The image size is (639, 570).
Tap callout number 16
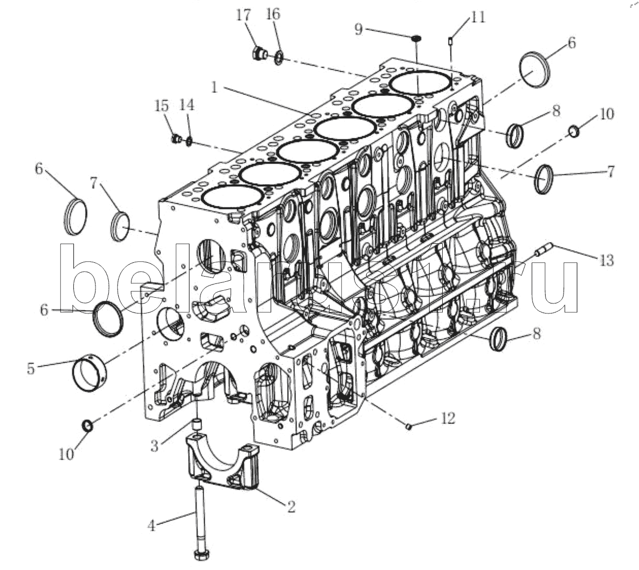coord(273,15)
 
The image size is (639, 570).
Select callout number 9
coord(358,30)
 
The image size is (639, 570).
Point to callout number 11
coord(478,17)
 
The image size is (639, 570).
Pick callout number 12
coord(448,419)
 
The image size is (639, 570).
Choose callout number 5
coord(31,368)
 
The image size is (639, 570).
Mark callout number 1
coord(214,88)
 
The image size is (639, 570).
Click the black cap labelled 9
coord(416,38)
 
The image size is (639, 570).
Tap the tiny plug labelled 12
coord(409,426)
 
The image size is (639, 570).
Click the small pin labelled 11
coord(451,41)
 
